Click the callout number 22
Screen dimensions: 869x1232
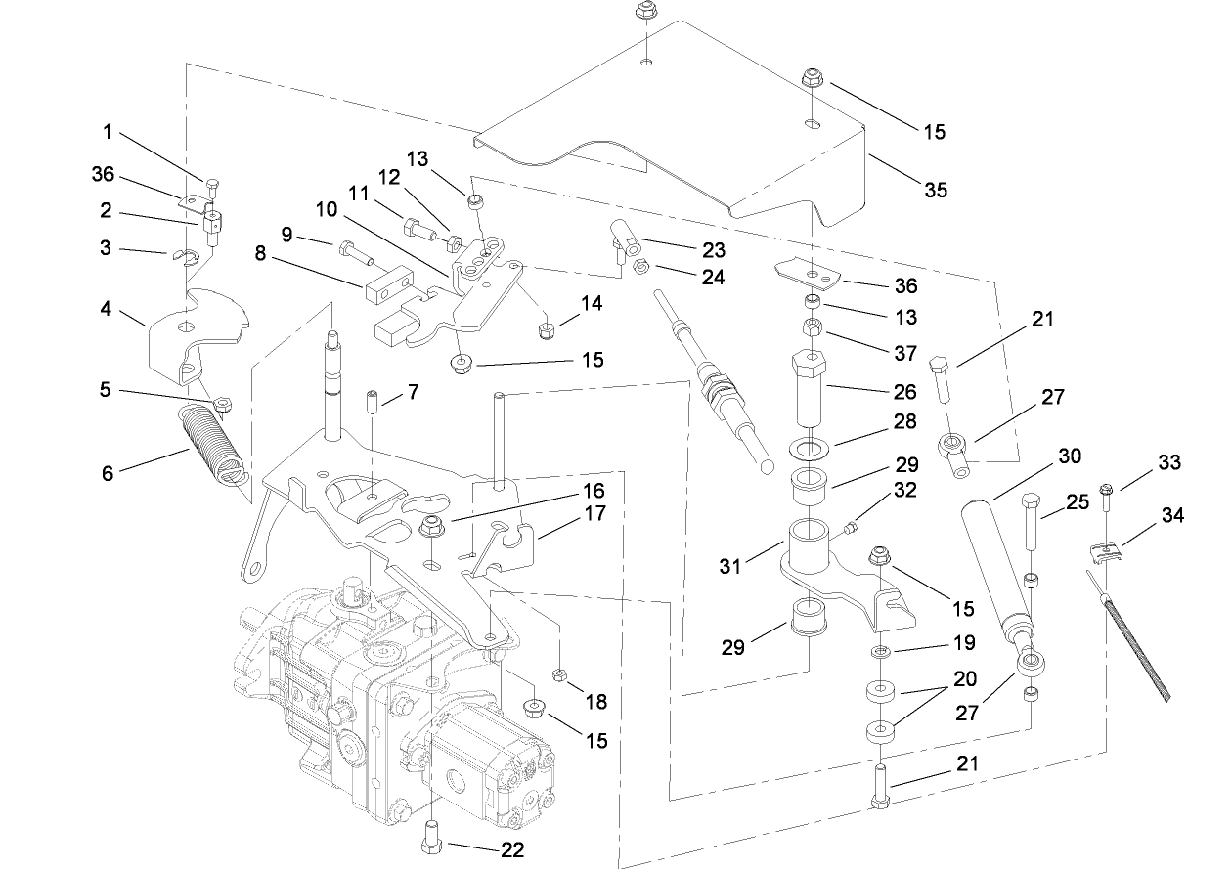[512, 850]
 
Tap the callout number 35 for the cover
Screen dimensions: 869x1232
[936, 191]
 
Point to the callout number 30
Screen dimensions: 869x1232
[1070, 457]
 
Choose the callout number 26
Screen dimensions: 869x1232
[903, 391]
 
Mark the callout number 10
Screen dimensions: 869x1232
[326, 209]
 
